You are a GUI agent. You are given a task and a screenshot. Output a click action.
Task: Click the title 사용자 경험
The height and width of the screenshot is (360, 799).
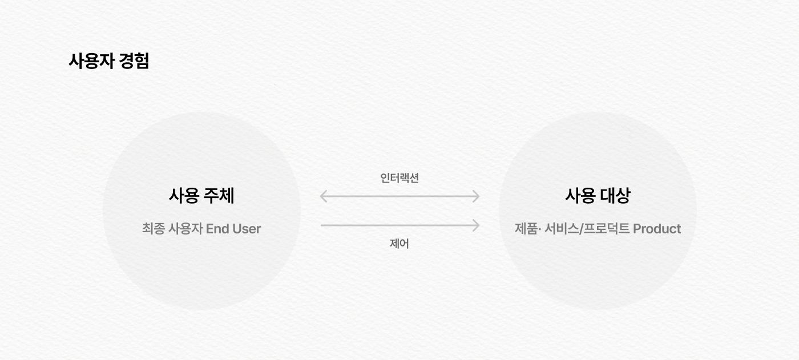(x=108, y=61)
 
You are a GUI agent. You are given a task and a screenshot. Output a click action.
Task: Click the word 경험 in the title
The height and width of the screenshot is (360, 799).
(x=135, y=61)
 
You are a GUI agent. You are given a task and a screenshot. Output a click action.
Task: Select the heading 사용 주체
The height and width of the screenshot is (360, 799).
(x=201, y=196)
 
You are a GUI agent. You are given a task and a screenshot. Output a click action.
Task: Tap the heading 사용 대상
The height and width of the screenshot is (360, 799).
(x=598, y=196)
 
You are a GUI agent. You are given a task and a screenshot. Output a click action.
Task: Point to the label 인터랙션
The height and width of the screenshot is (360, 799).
(x=399, y=178)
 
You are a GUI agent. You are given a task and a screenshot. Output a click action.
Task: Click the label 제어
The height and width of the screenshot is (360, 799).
(x=399, y=244)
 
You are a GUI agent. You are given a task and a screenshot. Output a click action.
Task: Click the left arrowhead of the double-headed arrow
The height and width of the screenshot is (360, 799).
(x=323, y=196)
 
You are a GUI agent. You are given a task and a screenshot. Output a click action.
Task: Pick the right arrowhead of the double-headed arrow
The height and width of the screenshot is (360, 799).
(x=476, y=196)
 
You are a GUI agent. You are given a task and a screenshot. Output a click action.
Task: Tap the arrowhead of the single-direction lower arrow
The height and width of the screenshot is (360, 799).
(x=476, y=225)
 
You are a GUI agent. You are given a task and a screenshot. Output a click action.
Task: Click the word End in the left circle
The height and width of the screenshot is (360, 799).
(x=217, y=229)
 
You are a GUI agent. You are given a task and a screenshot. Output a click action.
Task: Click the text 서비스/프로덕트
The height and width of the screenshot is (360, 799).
(x=587, y=229)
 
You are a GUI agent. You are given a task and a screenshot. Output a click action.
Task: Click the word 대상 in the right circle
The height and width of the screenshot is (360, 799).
(x=615, y=196)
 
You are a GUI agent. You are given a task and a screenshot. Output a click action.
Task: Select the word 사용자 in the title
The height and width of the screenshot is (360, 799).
(x=91, y=61)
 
